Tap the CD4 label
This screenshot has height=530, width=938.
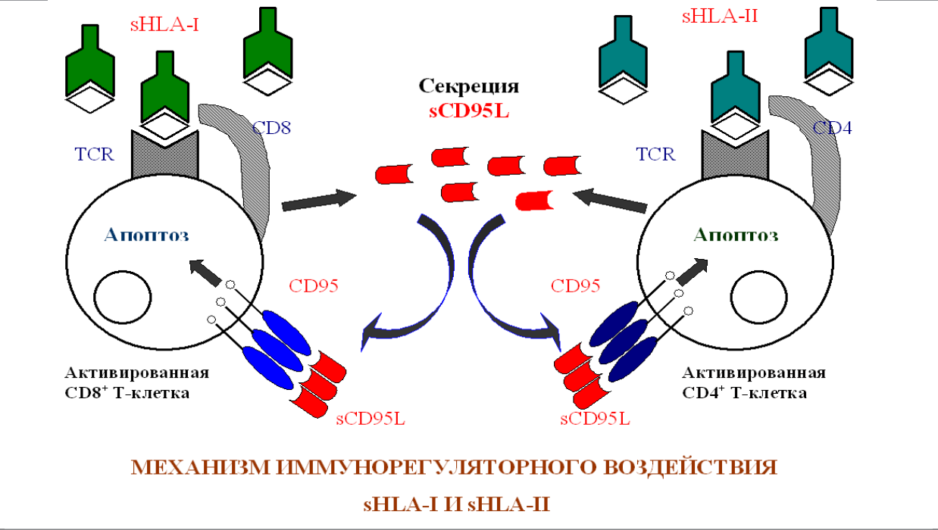coord(832,127)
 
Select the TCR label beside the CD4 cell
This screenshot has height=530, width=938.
coord(655,154)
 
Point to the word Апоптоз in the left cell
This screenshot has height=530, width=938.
coord(146,234)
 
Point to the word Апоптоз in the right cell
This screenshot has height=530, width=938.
coord(736,234)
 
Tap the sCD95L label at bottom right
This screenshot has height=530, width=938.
coord(595,417)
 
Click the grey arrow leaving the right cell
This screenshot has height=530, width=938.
coord(610,201)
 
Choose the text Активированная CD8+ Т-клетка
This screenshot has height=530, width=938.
coord(136,383)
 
